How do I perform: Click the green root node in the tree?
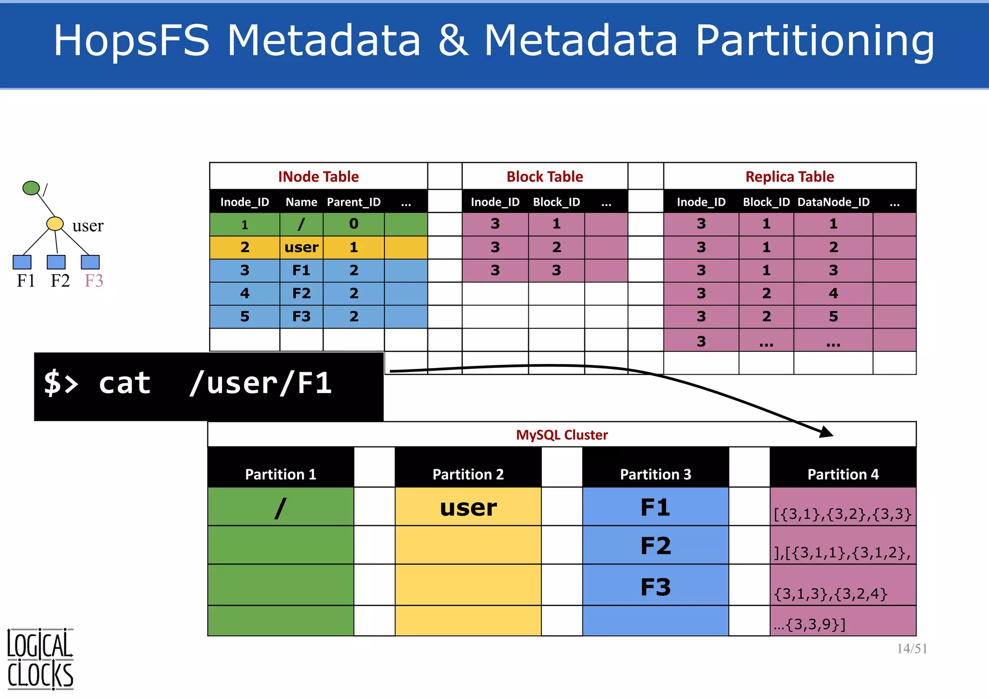[31, 188]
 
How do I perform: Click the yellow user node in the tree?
[55, 224]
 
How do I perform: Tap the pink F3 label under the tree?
[94, 280]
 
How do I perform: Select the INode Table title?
[318, 177]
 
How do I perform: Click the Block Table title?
[545, 177]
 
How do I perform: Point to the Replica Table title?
[790, 177]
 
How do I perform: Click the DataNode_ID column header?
[833, 202]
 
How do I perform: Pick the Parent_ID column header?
[353, 202]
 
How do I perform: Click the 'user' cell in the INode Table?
[301, 247]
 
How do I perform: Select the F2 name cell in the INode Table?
[301, 293]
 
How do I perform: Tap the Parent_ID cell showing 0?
[353, 224]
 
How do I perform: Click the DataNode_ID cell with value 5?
[833, 316]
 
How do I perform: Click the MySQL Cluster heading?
[562, 435]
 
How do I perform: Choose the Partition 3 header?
[655, 474]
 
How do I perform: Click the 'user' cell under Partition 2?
[468, 507]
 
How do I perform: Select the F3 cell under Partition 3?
[655, 587]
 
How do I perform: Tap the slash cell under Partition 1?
[281, 507]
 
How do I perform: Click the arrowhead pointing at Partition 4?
[826, 432]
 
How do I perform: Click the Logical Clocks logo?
[40, 659]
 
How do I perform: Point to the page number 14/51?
[912, 649]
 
